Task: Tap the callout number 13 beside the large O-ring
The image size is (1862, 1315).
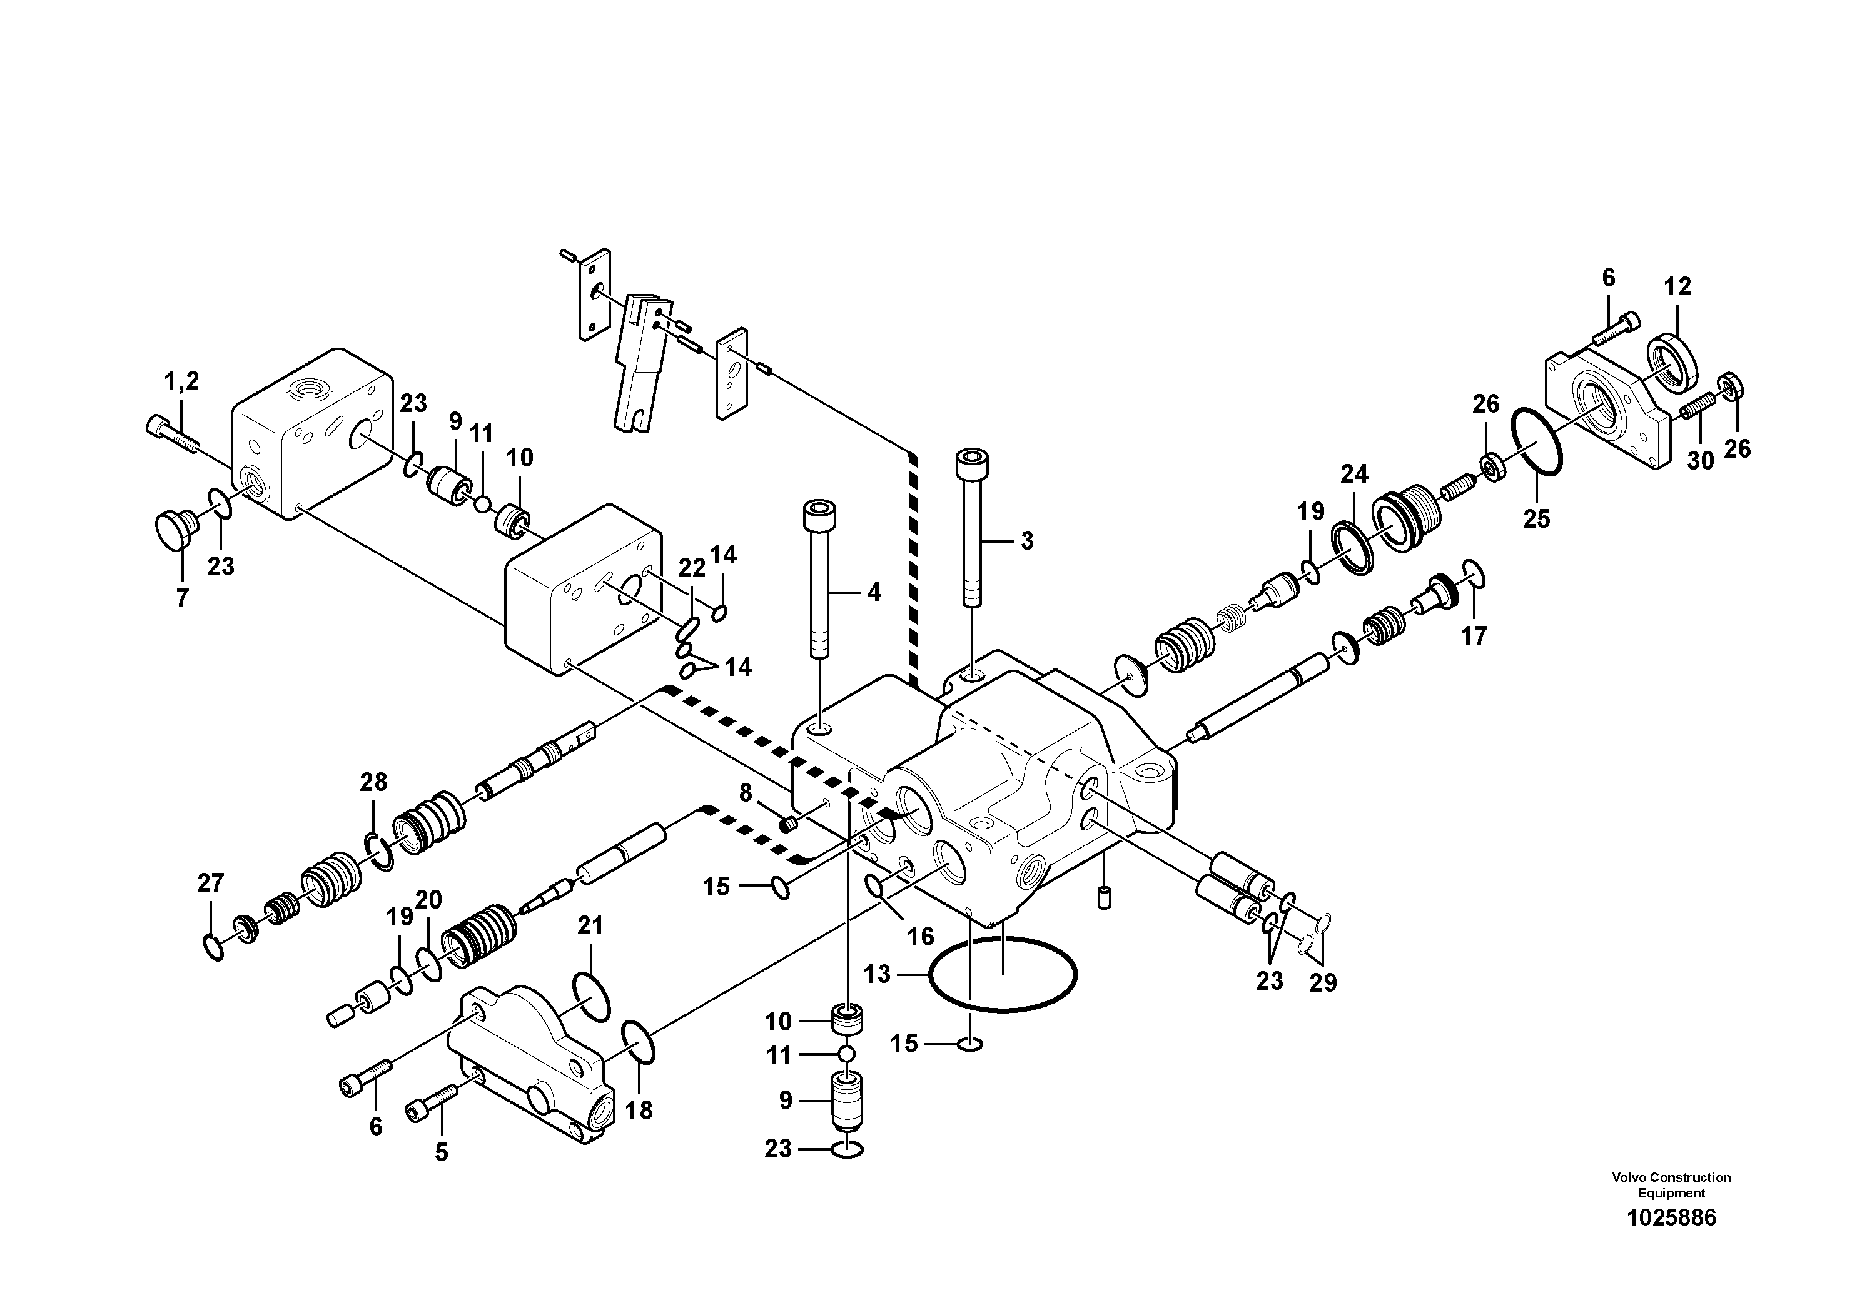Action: pyautogui.click(x=878, y=974)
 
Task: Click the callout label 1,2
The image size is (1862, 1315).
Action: pyautogui.click(x=181, y=380)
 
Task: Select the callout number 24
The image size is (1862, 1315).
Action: pyautogui.click(x=1353, y=473)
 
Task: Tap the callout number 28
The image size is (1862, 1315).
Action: pyautogui.click(x=374, y=782)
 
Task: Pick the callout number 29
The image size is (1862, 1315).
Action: pyautogui.click(x=1323, y=982)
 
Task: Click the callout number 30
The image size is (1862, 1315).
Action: pyautogui.click(x=1700, y=460)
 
